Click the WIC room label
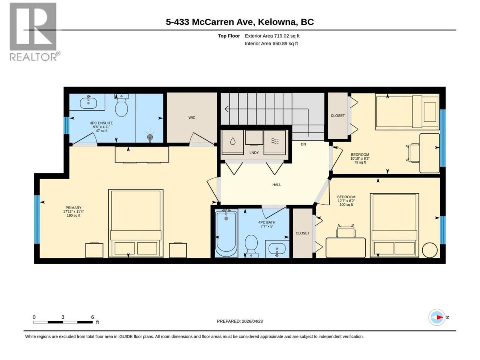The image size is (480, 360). point(192,118)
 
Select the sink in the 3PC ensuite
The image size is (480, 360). point(88,103)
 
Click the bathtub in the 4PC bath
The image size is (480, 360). point(226,233)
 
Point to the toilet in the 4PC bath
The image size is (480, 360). point(251,246)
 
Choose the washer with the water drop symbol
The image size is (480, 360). point(232,142)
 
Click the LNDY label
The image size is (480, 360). point(254,153)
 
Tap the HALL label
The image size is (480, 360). point(276,185)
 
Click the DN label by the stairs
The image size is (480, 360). point(303,144)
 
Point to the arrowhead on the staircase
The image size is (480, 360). point(227,109)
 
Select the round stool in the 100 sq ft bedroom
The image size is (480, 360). point(429,250)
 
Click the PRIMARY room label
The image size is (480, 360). point(73,208)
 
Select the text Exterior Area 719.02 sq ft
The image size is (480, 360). point(272,36)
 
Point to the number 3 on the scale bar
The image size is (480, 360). point(63,317)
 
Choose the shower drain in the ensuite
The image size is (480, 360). point(150,137)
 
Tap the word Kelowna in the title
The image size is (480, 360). point(277,22)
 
